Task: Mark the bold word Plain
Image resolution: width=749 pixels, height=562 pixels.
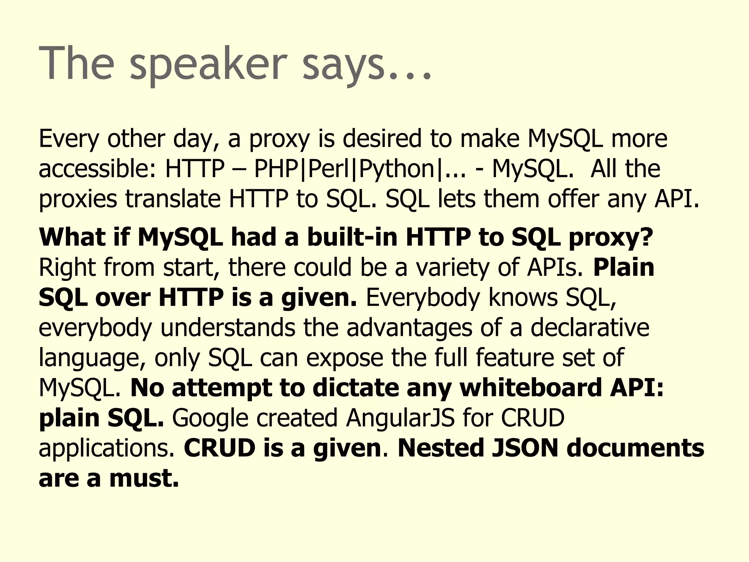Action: pyautogui.click(x=624, y=267)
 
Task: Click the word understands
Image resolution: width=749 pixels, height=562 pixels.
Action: pyautogui.click(x=228, y=327)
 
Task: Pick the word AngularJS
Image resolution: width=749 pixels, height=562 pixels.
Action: pyautogui.click(x=400, y=418)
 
